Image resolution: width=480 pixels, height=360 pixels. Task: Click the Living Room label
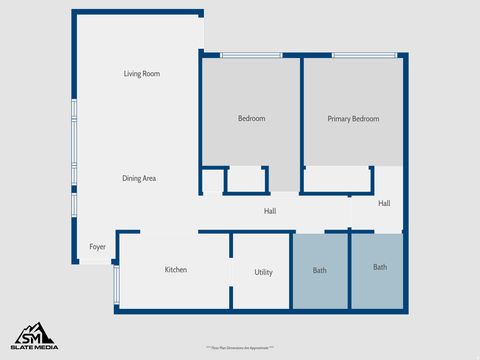[142, 74]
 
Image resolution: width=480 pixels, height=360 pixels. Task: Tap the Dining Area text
[139, 178]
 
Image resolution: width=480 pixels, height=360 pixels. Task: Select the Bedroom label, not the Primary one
[251, 119]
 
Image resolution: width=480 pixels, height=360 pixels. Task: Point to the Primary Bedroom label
[353, 119]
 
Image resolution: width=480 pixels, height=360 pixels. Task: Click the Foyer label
[97, 246]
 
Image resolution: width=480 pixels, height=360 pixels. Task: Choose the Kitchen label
[177, 270]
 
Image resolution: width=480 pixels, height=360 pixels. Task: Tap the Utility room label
[263, 272]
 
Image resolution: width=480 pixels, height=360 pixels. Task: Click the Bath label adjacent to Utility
[319, 270]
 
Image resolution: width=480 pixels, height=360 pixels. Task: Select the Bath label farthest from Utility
[380, 267]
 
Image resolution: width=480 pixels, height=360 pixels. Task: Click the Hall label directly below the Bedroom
[270, 211]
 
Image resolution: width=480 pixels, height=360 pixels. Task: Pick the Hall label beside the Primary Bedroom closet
[384, 203]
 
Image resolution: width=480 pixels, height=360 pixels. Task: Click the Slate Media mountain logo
[34, 334]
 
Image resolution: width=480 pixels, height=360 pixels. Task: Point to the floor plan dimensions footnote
[239, 346]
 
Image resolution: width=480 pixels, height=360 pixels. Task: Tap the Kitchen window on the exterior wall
[117, 286]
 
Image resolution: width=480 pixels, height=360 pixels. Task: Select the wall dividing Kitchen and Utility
[231, 271]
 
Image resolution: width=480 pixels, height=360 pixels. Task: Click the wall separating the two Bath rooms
[349, 270]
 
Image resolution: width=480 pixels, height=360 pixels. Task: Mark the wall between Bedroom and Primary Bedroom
[302, 110]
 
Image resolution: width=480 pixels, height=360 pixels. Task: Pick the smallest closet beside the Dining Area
[211, 181]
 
